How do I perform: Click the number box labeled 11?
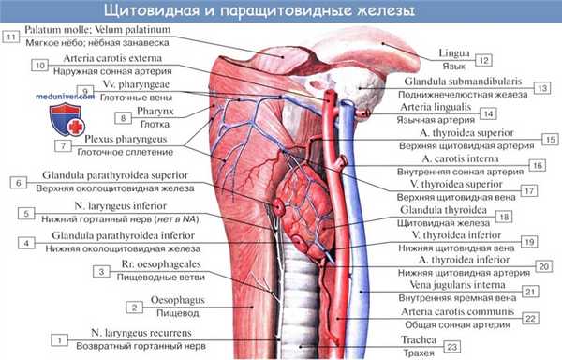[11, 37]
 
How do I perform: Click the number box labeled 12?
[482, 60]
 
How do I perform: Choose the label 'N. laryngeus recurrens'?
[128, 332]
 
